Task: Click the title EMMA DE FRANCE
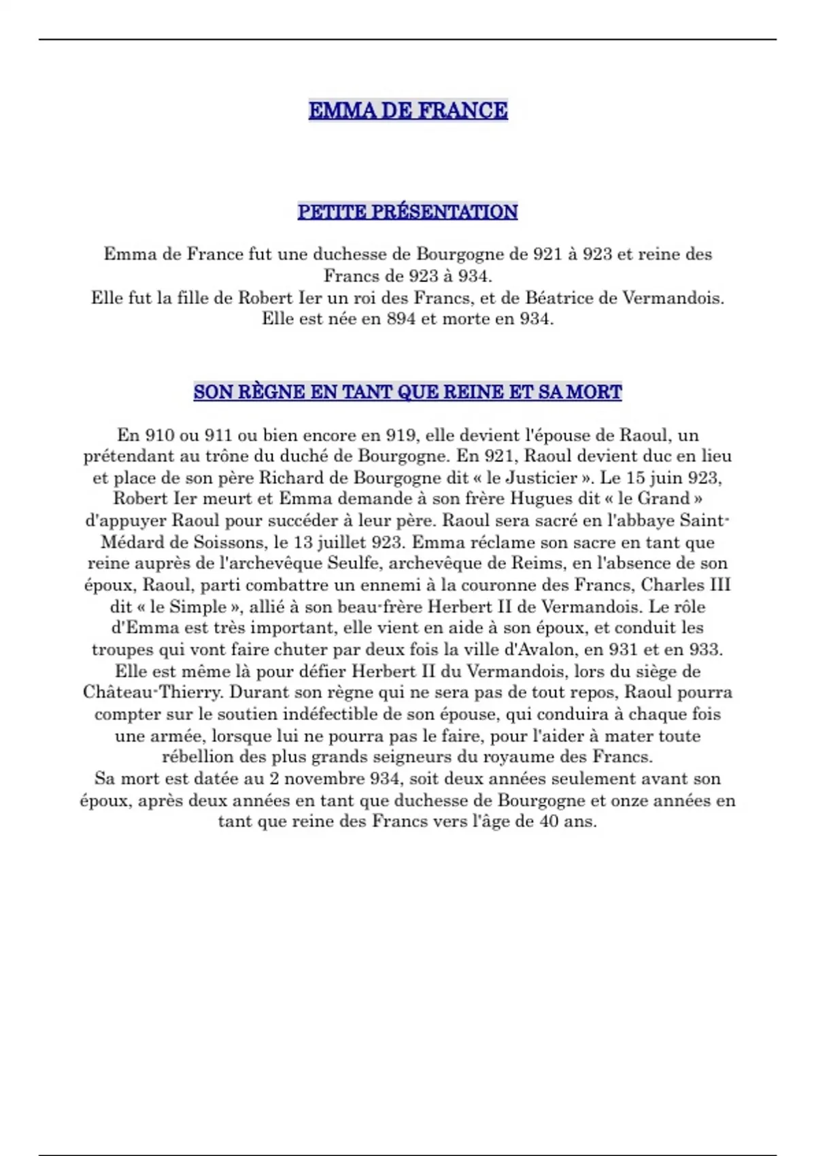point(408,110)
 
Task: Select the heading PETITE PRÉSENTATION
point(407,211)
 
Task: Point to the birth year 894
point(401,319)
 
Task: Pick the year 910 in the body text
point(159,435)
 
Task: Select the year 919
point(401,435)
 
